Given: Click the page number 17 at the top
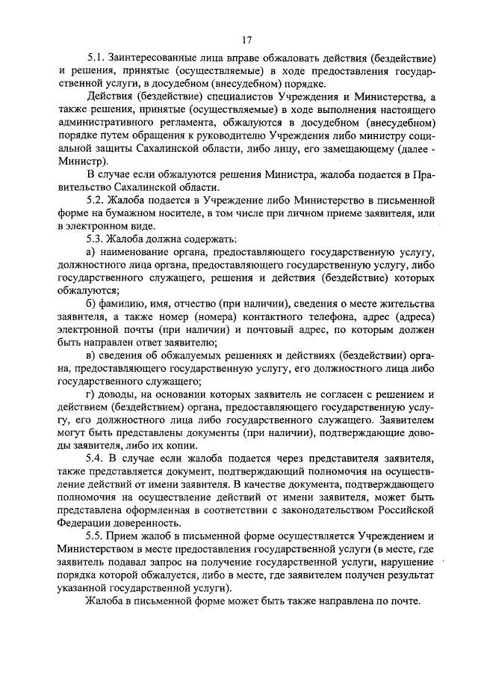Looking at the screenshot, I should tap(247, 39).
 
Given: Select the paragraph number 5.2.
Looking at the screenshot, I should tap(96, 201).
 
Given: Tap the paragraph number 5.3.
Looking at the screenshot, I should tap(96, 238).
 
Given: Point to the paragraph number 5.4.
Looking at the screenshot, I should tap(96, 456).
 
